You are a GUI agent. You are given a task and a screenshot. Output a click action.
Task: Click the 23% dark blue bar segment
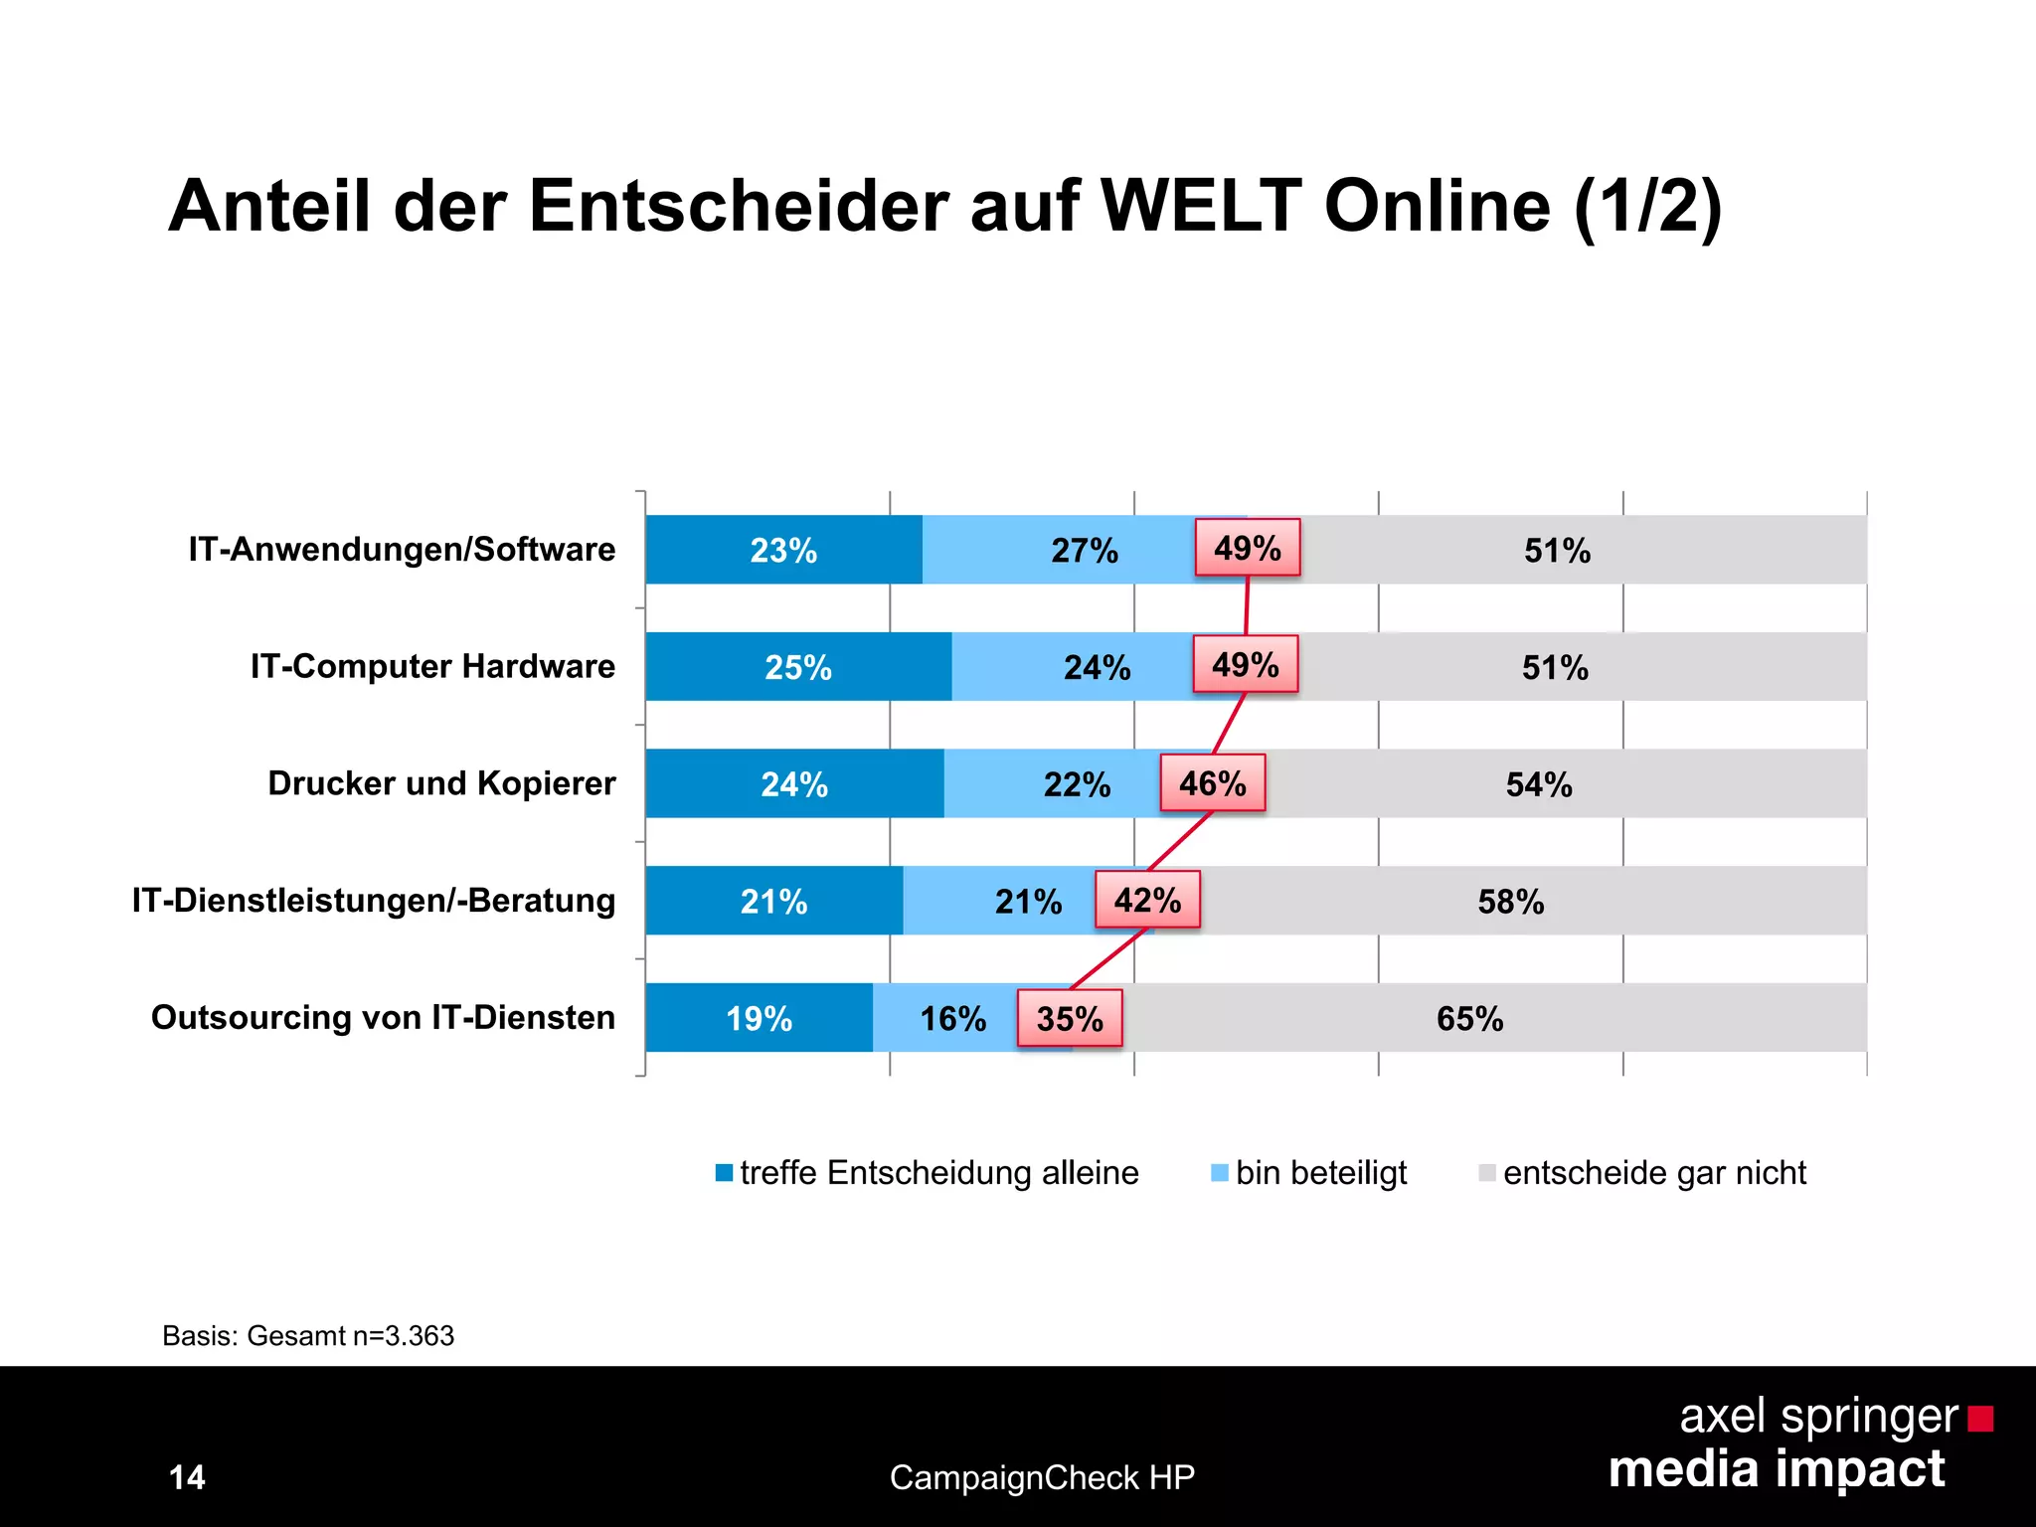click(783, 550)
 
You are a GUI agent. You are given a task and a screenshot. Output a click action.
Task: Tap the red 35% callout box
click(1070, 1018)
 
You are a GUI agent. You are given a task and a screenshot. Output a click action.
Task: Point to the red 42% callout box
click(1147, 900)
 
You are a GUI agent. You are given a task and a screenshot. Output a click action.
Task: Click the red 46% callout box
click(1212, 783)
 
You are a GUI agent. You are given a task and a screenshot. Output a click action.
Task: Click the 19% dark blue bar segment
click(759, 1018)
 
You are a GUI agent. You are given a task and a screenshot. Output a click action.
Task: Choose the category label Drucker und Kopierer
click(441, 783)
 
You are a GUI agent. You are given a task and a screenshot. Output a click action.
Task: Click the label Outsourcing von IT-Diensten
click(383, 1018)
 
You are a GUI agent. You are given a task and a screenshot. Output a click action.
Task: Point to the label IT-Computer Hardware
click(432, 666)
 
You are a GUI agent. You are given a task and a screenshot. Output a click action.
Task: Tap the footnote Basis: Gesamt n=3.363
click(308, 1335)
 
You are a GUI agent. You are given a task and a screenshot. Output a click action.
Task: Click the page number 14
click(187, 1477)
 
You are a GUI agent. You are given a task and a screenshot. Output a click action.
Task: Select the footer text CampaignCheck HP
click(1042, 1477)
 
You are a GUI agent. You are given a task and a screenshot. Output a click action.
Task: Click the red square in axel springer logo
click(1980, 1418)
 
